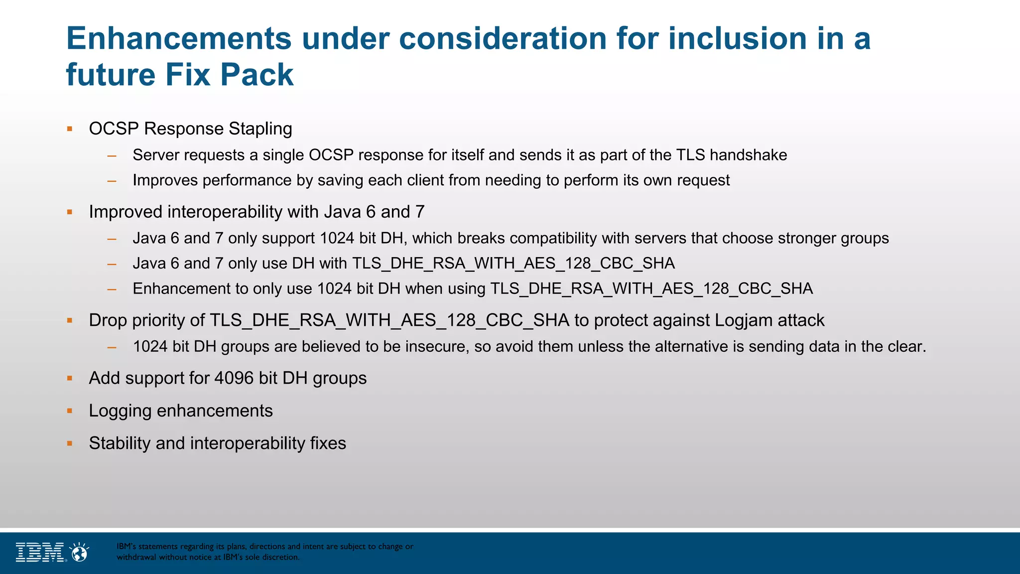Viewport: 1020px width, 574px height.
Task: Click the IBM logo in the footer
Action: [x=40, y=552]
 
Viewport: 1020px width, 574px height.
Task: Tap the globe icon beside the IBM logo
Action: [x=80, y=552]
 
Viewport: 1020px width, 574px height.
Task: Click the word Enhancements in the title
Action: [x=178, y=38]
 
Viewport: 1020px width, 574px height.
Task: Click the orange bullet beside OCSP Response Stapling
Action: [x=70, y=129]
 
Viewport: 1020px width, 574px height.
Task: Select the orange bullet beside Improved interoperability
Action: [x=70, y=212]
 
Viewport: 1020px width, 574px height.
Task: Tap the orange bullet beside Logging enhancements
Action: [x=70, y=411]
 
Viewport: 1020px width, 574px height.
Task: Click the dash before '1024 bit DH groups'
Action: [x=112, y=347]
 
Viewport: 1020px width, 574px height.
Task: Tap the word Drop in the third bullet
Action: [x=108, y=320]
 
